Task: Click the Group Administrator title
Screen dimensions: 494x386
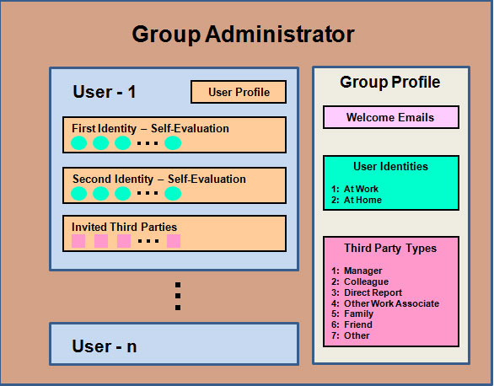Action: pos(243,35)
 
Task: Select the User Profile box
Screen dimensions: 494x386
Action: pos(239,92)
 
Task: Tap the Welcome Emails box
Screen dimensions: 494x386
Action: pos(390,117)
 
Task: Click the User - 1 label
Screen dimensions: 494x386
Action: pos(105,92)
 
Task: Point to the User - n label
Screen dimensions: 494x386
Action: pos(105,346)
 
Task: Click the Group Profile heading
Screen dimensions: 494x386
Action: pos(390,83)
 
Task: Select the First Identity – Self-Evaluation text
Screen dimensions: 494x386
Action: pos(150,128)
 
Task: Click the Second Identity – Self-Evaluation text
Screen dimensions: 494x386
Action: pos(159,179)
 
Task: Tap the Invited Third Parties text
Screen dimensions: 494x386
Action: pos(124,227)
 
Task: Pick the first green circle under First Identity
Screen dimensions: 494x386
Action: pos(78,143)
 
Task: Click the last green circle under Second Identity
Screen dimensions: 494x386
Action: pos(173,193)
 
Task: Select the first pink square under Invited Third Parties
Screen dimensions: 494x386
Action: pos(78,241)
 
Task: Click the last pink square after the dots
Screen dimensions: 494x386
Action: pos(174,241)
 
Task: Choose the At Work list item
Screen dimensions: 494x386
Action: pos(355,189)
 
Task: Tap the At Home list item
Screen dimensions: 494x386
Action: pos(357,200)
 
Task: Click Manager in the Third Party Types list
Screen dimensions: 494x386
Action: pos(357,271)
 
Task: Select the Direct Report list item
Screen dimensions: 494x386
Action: pos(367,292)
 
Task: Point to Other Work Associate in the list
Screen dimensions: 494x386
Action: pos(385,303)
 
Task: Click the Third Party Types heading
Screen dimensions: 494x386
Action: pos(390,249)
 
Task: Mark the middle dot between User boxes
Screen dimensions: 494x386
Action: pos(178,296)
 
